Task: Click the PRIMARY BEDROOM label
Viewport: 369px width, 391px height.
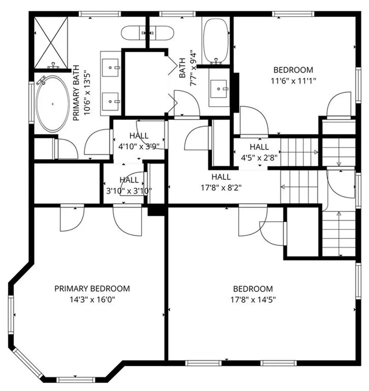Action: (x=92, y=288)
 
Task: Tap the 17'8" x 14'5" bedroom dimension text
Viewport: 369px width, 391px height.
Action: (x=253, y=300)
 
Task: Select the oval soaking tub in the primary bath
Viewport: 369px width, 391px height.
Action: (x=53, y=103)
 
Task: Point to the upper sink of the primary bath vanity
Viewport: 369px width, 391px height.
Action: (x=111, y=68)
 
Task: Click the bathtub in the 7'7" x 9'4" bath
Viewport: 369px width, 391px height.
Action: (x=216, y=41)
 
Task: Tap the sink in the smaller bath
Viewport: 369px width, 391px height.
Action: (x=219, y=89)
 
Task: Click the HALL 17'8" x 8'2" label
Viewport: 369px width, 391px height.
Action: (x=221, y=182)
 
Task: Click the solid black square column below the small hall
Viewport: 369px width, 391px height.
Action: (x=156, y=210)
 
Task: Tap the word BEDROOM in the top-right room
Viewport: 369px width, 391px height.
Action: (x=293, y=70)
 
